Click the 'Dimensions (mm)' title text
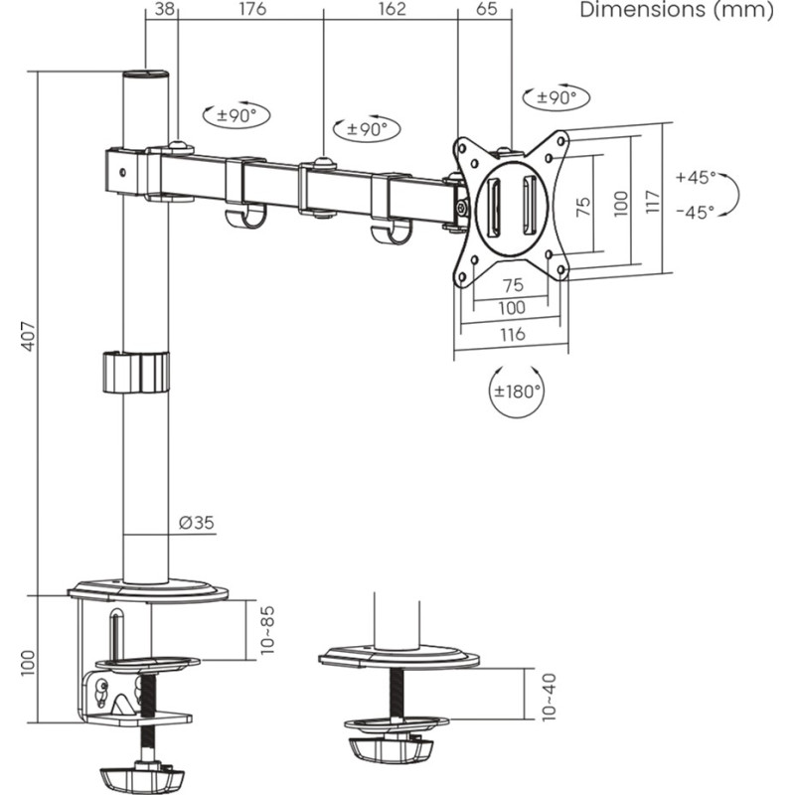tap(675, 11)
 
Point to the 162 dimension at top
tap(393, 10)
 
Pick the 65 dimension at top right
tap(486, 10)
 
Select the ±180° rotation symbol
tap(518, 391)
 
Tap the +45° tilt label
tap(695, 177)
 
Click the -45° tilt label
tap(695, 212)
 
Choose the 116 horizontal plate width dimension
tap(512, 335)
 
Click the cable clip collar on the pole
tap(135, 372)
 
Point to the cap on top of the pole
tap(146, 76)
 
